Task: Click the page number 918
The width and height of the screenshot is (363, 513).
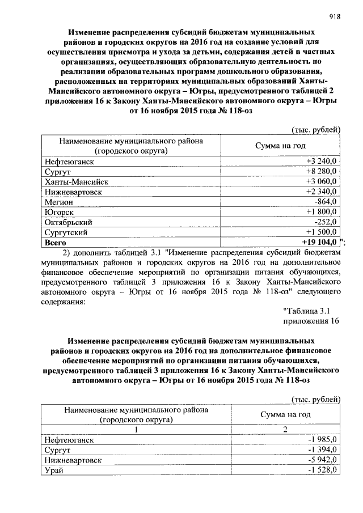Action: pos(334,17)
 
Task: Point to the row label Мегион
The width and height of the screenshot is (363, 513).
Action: pos(58,202)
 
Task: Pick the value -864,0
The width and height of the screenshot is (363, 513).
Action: pos(326,202)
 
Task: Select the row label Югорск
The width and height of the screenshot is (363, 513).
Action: pos(59,212)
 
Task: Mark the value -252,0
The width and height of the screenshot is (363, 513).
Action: pos(326,222)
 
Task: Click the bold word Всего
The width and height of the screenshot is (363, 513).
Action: pos(55,242)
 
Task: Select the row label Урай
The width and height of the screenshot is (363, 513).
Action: pos(54,470)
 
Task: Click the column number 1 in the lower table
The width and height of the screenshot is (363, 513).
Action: pos(136,430)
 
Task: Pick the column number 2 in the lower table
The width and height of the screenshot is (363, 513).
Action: pos(286,430)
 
